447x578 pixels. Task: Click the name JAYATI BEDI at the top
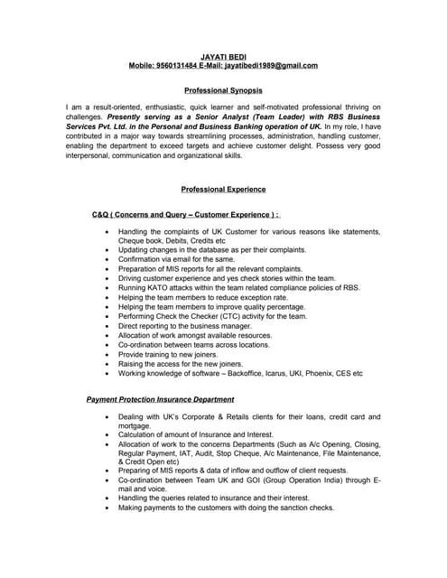223,57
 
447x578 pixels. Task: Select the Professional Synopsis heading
223,90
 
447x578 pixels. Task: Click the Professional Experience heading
223,190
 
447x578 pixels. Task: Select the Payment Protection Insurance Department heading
160,399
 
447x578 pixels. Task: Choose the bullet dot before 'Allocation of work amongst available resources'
107,335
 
